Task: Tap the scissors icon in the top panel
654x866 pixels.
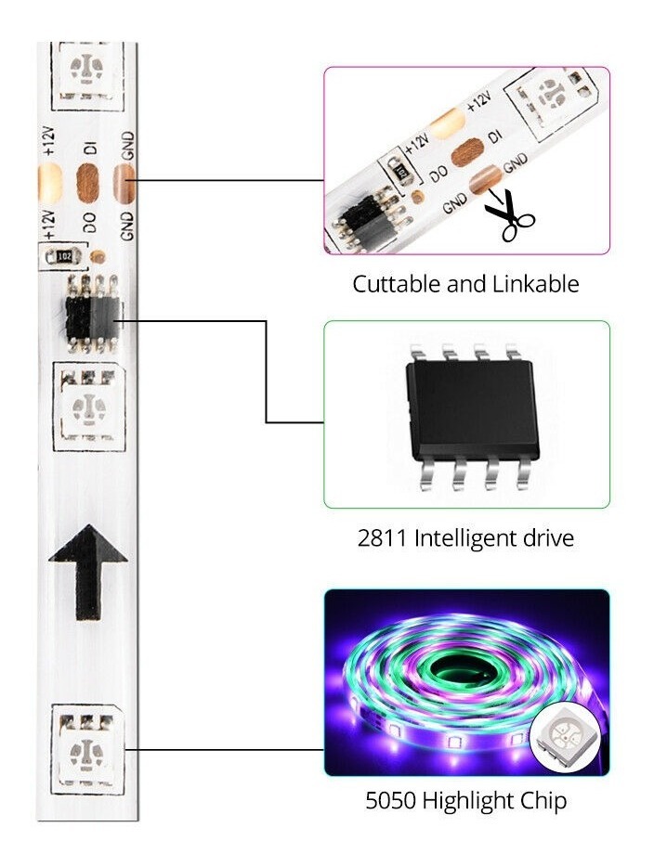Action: tap(508, 213)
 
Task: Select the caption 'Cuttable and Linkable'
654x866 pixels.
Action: tap(465, 284)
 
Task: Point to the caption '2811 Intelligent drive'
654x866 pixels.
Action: tap(465, 537)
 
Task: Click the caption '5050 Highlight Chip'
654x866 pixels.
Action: tap(466, 800)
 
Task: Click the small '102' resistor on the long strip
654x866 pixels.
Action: tap(64, 254)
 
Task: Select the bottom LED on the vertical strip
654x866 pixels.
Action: tap(88, 746)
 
